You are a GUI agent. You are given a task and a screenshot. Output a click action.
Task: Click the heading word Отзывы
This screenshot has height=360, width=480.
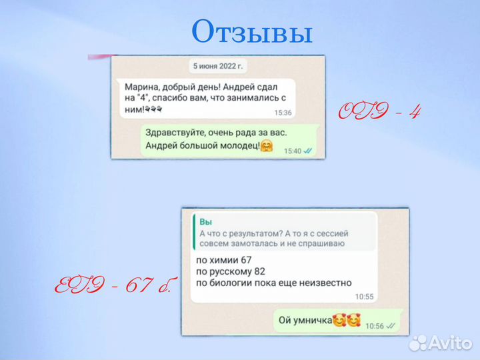coord(251,31)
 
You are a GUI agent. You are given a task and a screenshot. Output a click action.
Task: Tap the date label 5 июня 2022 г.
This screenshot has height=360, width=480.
coord(218,66)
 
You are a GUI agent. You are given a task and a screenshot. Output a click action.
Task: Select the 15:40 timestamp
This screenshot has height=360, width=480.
coord(293,151)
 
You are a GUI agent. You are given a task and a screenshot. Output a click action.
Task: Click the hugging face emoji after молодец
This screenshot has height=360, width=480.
coord(267,146)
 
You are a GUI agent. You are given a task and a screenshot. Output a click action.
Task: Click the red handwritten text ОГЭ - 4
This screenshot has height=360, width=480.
coord(380,111)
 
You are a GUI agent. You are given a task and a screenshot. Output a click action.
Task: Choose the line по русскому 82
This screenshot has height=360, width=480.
coord(230,270)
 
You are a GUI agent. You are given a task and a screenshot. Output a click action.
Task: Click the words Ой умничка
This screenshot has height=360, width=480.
coord(305,321)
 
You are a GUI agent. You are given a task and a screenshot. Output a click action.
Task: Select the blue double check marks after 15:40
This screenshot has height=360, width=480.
coord(308,151)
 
